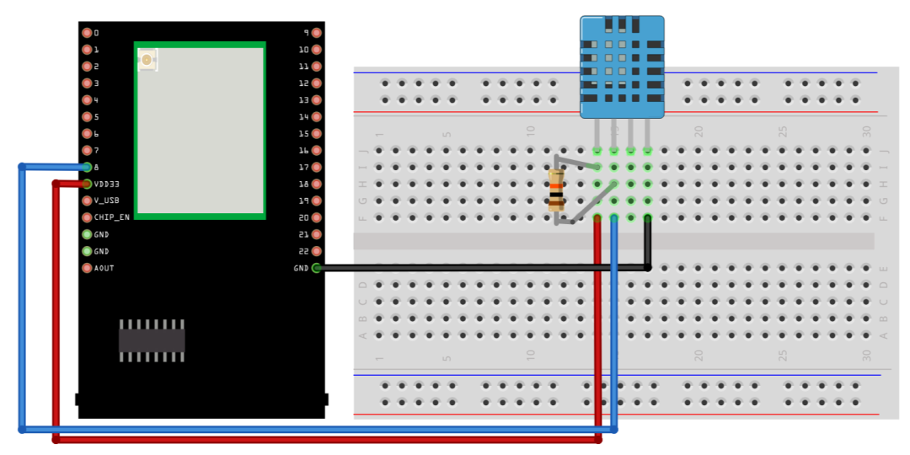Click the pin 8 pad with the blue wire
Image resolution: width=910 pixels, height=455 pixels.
(x=87, y=167)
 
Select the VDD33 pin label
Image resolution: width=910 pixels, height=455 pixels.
(x=106, y=184)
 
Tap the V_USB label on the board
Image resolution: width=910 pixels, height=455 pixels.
(x=106, y=201)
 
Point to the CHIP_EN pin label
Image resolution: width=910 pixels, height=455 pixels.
(x=111, y=217)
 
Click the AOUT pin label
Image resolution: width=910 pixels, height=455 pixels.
(x=104, y=268)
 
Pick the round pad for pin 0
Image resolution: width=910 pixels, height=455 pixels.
(x=87, y=33)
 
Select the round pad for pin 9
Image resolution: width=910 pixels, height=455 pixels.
(x=316, y=33)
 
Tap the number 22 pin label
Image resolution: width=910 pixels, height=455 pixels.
(x=303, y=251)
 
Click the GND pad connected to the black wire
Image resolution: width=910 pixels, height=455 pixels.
(x=316, y=268)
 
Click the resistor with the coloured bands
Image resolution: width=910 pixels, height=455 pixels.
(x=555, y=190)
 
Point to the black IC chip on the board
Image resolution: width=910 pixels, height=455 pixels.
(x=152, y=340)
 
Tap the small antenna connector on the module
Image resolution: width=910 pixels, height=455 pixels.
(x=147, y=60)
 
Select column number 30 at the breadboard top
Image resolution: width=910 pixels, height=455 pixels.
(x=866, y=132)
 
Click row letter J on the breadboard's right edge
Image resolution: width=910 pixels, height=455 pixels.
(x=884, y=151)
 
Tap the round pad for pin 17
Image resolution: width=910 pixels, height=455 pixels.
(x=316, y=167)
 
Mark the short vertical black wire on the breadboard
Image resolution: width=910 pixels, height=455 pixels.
(x=647, y=243)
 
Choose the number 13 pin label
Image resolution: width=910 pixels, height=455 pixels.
(x=303, y=99)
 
